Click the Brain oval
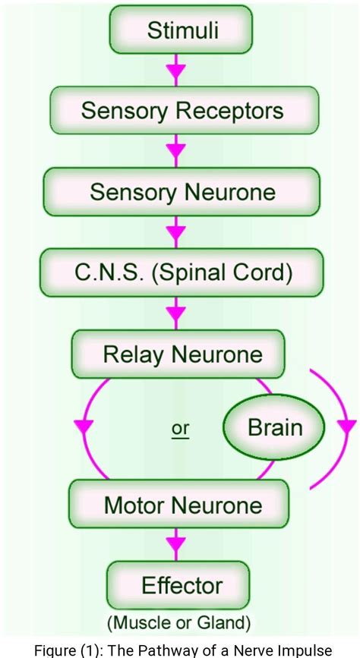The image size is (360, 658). tap(274, 427)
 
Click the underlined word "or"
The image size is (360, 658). tap(180, 429)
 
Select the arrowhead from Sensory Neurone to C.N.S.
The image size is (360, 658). tap(175, 231)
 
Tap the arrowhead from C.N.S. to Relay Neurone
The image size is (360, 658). tap(175, 312)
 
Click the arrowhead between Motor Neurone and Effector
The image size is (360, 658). tap(175, 544)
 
